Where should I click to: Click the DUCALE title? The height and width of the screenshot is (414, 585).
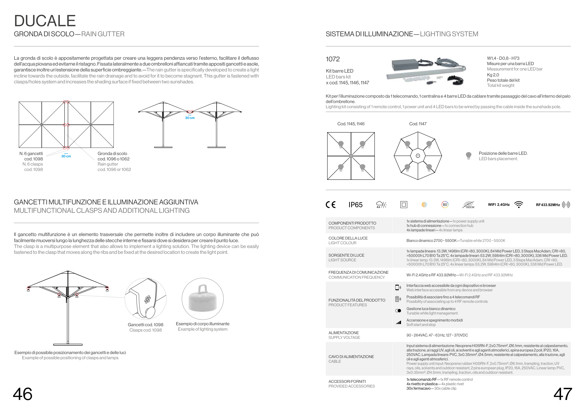tap(45, 21)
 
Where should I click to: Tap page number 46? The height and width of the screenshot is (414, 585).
tap(23, 394)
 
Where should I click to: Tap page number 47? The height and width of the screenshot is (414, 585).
tap(563, 394)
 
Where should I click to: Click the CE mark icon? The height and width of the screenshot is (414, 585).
tap(331, 205)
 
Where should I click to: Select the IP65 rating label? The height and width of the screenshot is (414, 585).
tap(355, 205)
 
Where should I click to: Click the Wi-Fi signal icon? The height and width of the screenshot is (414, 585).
tap(519, 204)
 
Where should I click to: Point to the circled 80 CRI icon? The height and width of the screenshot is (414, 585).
tap(445, 204)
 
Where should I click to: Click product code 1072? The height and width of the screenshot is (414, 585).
tap(333, 59)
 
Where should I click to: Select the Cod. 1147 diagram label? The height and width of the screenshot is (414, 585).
tap(418, 124)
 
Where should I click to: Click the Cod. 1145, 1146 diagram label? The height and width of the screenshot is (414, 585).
tap(351, 124)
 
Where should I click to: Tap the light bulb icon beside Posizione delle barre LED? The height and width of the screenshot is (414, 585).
tap(468, 155)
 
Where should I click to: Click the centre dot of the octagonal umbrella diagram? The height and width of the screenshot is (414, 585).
tap(418, 156)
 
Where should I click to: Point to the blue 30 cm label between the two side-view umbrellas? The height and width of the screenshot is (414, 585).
tap(190, 118)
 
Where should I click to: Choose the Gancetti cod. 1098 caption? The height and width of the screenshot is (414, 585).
tap(146, 325)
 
